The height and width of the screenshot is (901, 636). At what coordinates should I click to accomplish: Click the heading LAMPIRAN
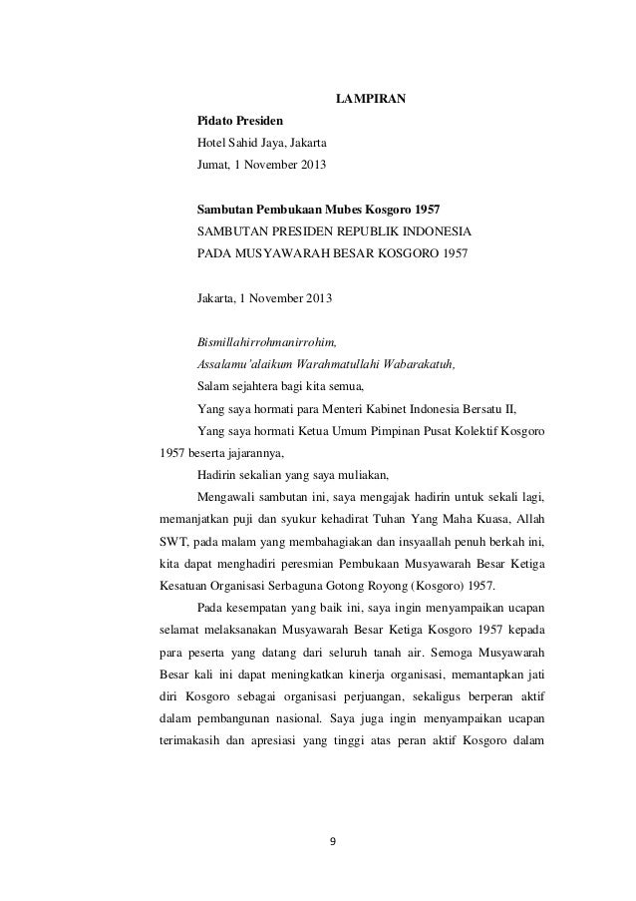click(x=370, y=99)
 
